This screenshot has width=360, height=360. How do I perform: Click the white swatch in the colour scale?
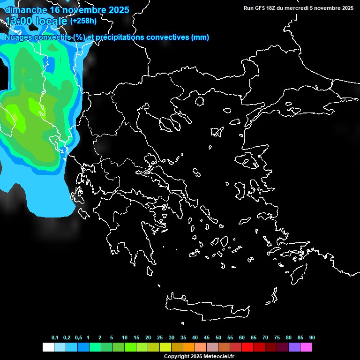(48, 347)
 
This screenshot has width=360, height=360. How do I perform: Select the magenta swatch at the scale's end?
(306, 347)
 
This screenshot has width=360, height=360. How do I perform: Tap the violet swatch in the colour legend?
(294, 347)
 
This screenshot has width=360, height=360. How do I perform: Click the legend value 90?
(312, 338)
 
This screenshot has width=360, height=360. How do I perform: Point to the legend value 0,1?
(55, 338)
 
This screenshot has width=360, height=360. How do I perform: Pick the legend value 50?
(218, 338)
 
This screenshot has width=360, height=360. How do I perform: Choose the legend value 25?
(160, 338)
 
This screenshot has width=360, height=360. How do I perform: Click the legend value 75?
(277, 338)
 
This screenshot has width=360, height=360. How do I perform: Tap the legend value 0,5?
(78, 338)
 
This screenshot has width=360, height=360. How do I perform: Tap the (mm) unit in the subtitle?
(200, 37)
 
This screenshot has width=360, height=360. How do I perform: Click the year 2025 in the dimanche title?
(117, 9)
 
